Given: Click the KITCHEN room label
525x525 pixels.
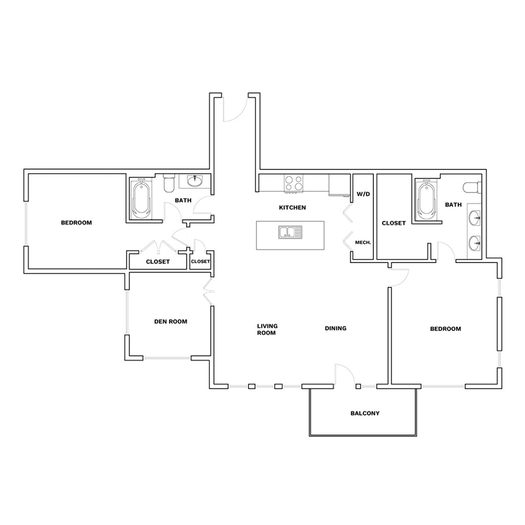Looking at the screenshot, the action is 292,208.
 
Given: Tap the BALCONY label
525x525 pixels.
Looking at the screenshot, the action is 365,413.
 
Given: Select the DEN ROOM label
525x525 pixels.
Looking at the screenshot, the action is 170,321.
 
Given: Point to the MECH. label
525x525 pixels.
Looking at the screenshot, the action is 363,243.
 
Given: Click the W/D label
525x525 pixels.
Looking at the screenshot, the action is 363,194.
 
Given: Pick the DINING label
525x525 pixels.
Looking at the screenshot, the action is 335,328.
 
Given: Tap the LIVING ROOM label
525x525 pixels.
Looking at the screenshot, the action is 267,329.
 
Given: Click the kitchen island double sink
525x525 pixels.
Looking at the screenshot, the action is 290,232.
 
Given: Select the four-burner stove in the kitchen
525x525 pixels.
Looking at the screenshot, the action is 293,184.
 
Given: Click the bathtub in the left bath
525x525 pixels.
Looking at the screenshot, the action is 141,198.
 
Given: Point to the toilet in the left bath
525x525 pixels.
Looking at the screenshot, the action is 169,183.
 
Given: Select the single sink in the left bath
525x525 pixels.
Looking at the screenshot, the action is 194,181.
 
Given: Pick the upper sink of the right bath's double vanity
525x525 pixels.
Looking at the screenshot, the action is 474,218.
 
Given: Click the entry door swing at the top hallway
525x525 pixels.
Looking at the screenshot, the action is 235,107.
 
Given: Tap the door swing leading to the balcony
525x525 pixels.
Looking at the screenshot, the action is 345,375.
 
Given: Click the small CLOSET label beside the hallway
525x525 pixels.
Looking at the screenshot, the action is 200,261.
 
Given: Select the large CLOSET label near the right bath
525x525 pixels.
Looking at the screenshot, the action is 394,223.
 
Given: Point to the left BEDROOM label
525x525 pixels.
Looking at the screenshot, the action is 76,223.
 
